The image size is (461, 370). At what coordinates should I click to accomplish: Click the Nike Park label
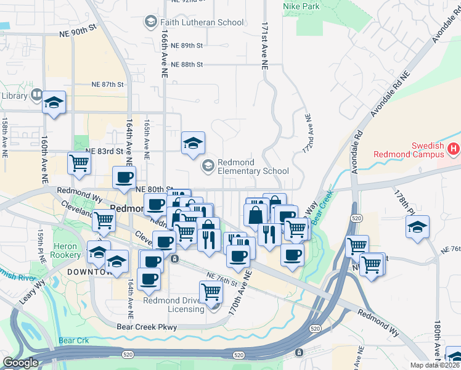[301, 6]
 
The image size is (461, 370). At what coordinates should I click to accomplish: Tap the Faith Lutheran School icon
[149, 22]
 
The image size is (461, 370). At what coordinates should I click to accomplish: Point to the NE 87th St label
[107, 84]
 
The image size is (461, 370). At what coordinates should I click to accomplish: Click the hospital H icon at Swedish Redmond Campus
[454, 149]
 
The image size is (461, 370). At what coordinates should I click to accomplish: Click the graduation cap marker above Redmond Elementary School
[193, 142]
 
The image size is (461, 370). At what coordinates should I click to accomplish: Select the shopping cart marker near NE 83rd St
[80, 163]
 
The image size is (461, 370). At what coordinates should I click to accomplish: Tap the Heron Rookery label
[66, 250]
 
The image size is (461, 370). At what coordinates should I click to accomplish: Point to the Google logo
[20, 363]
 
